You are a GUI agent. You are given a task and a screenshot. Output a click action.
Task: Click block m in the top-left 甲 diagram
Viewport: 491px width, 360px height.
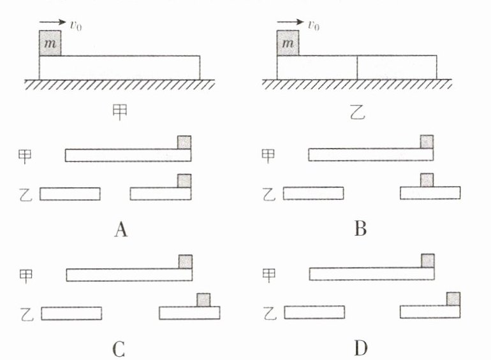point(50,43)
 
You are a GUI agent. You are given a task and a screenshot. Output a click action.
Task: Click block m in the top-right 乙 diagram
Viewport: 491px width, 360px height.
point(288,43)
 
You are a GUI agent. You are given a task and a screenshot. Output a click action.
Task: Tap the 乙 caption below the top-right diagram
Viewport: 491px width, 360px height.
point(356,113)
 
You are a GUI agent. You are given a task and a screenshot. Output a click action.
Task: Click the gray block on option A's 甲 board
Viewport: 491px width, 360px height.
point(184,142)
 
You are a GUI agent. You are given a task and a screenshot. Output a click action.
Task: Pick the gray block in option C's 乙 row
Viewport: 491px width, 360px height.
point(203,299)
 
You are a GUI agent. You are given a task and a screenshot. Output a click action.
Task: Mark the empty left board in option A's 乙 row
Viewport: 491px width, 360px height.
point(70,194)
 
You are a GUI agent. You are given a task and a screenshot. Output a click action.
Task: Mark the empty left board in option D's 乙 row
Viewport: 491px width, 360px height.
point(314,312)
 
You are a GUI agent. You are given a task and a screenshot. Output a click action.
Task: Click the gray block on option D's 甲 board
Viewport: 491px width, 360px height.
point(428,261)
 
